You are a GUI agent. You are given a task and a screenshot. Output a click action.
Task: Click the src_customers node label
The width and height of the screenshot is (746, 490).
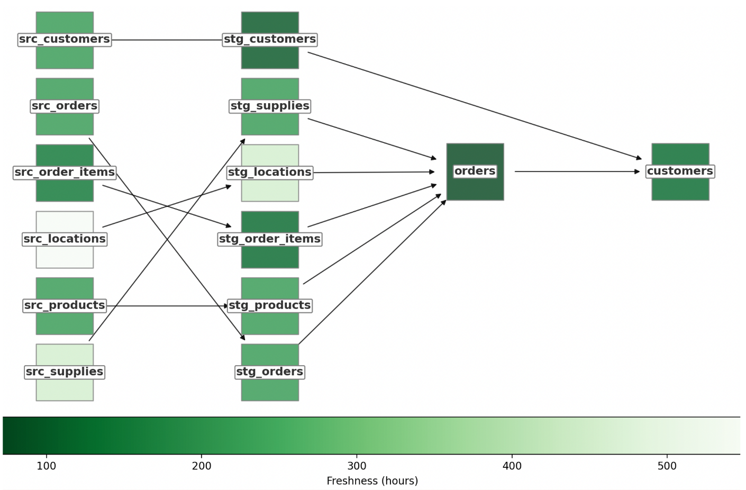pos(65,40)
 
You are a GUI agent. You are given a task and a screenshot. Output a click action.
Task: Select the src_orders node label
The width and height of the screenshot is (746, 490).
pos(65,106)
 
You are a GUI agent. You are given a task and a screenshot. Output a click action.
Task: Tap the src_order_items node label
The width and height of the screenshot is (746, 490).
pos(65,173)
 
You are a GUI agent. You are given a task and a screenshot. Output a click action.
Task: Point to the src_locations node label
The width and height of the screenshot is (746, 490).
pos(65,239)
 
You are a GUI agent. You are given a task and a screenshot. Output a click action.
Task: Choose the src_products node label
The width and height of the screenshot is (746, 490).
pos(65,306)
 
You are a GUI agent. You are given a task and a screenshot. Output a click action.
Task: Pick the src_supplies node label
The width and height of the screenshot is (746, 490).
pos(65,372)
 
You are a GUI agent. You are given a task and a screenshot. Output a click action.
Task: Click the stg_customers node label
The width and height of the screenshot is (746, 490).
pos(270,40)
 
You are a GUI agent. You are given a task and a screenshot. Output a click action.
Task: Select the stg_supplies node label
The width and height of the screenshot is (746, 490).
pos(270,106)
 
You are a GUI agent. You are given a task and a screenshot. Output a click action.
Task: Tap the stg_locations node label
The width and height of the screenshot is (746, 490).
pos(270,173)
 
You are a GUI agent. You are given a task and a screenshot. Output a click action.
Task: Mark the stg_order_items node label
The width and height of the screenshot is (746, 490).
pos(270,239)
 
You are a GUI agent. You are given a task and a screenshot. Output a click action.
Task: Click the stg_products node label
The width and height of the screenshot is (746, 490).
pos(270,306)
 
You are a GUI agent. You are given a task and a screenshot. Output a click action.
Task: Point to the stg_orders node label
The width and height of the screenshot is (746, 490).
pos(270,372)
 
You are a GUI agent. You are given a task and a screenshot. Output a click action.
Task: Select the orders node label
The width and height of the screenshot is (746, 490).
pos(475,171)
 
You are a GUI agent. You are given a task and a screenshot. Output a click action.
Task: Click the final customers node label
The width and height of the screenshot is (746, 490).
pos(680,171)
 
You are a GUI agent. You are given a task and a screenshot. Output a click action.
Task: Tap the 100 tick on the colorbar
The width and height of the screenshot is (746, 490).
pos(47,466)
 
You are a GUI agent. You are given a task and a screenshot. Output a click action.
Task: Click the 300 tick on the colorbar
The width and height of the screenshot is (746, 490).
pos(357,466)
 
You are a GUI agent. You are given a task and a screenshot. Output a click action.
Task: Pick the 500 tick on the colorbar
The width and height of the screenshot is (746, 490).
pos(667,466)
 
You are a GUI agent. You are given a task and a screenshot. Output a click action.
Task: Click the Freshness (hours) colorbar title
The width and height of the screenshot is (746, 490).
pos(372,481)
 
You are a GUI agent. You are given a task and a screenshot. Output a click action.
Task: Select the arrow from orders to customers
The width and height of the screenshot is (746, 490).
pos(577,171)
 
